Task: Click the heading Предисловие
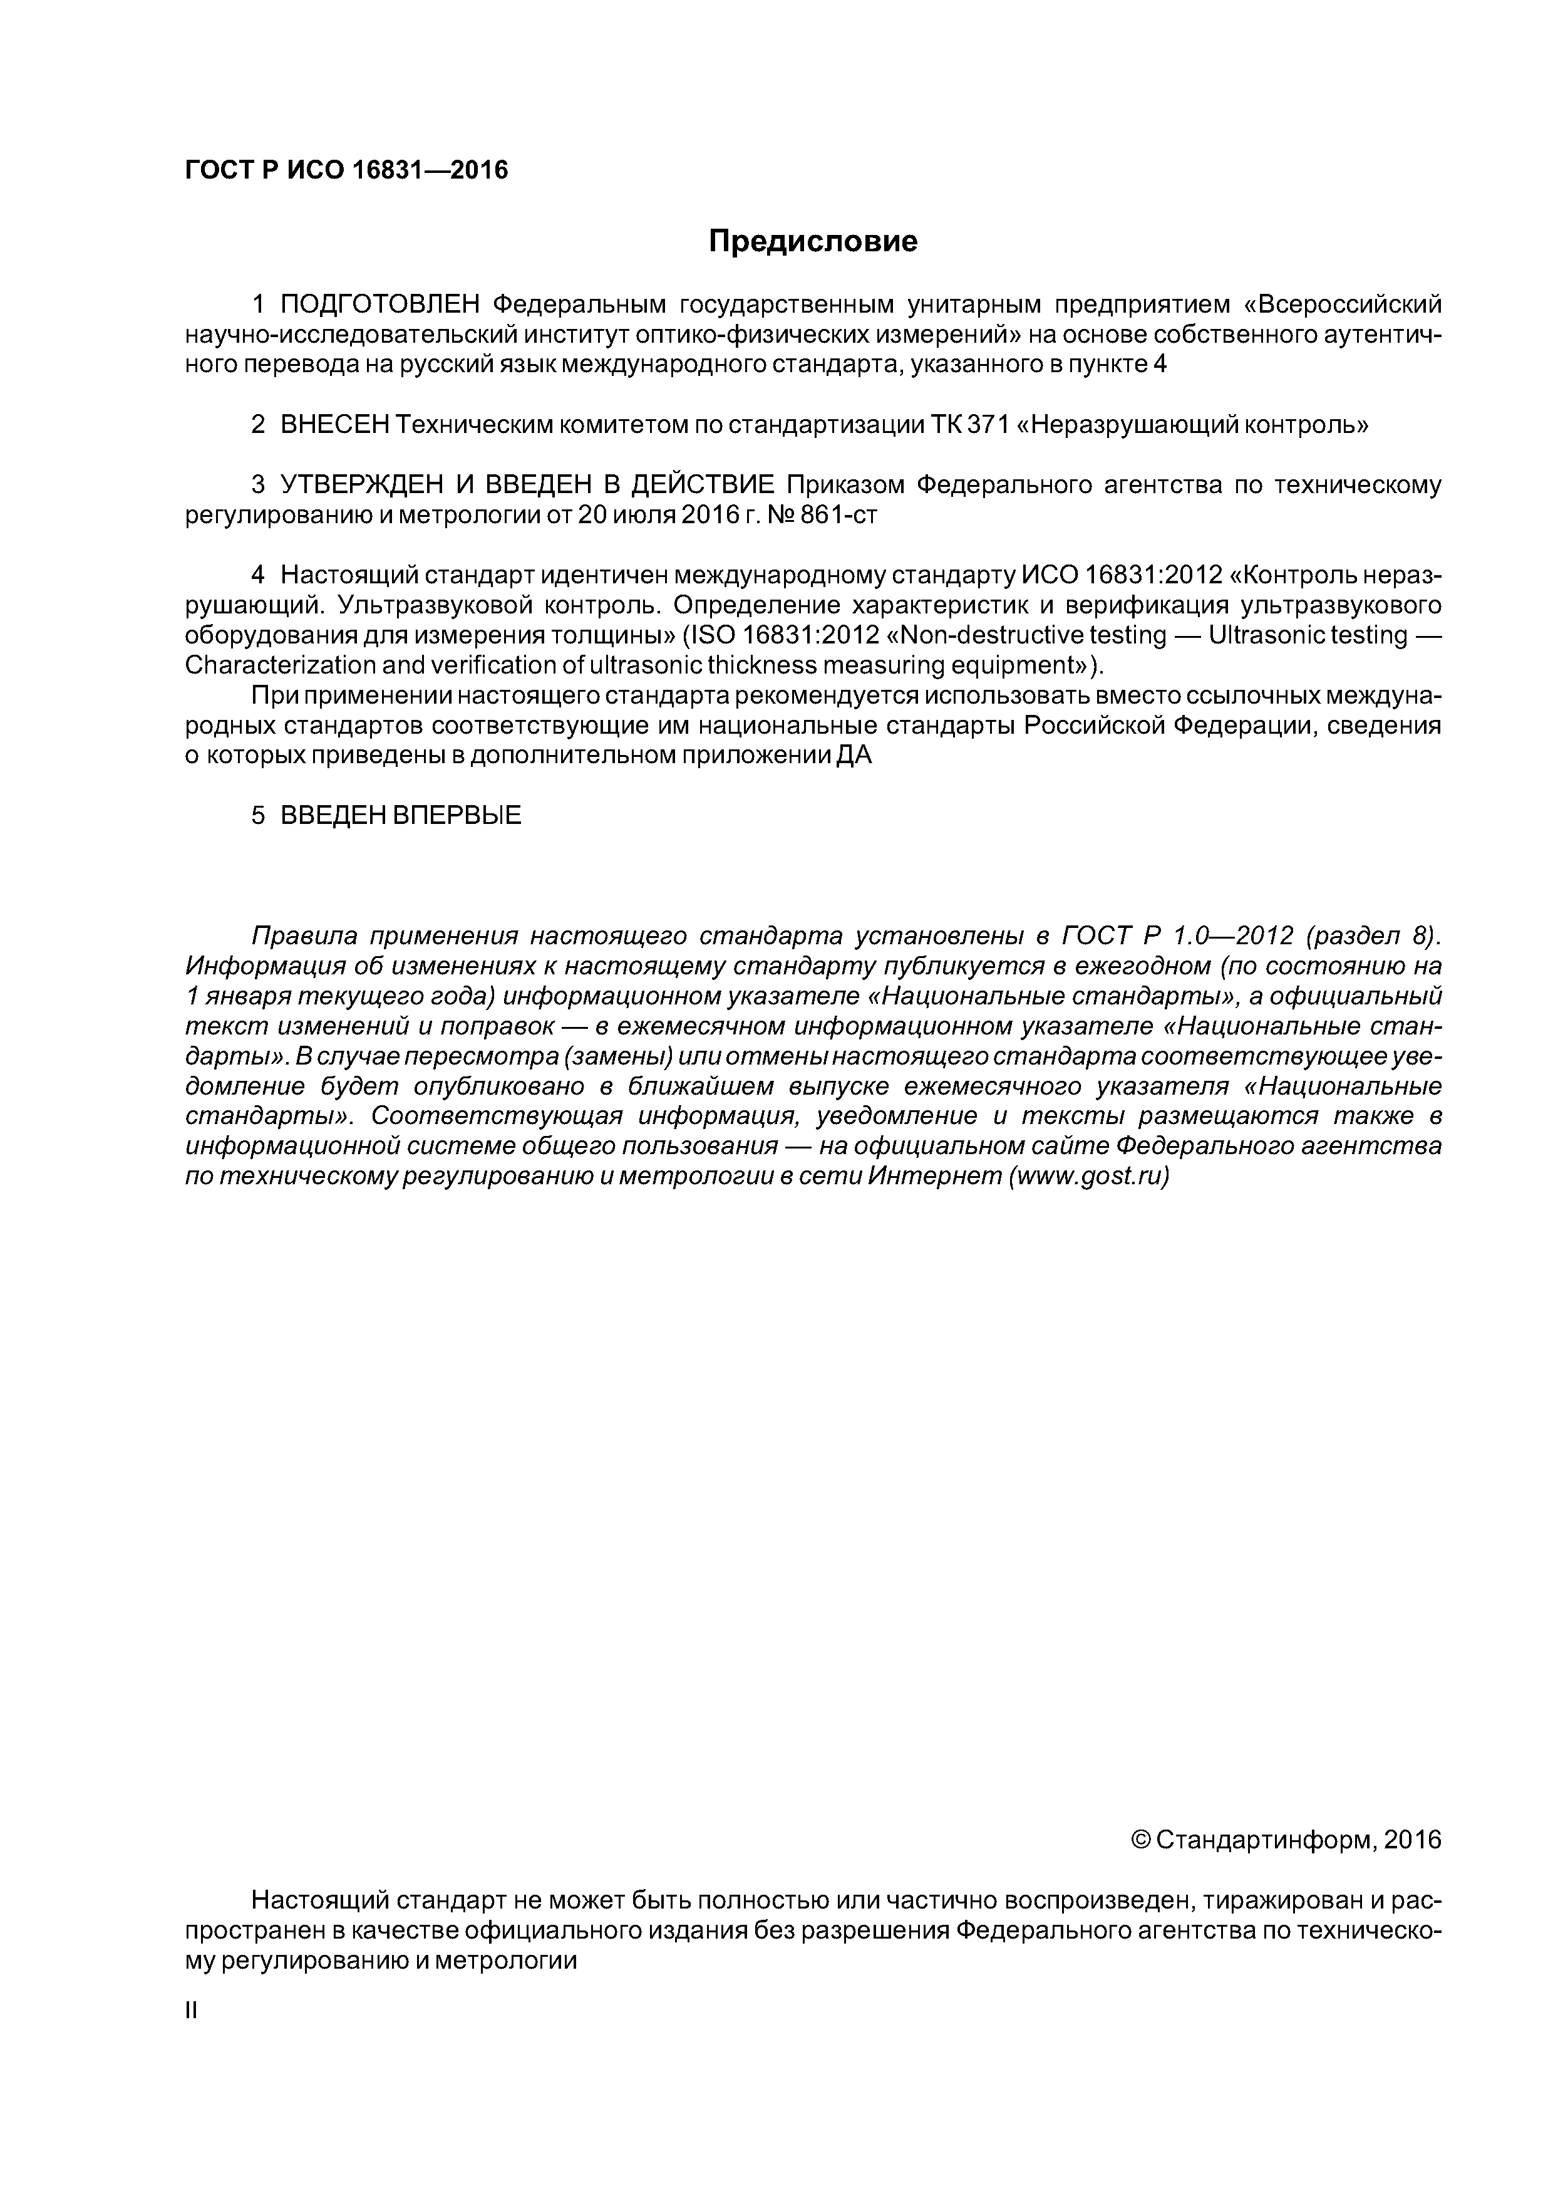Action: tap(812, 241)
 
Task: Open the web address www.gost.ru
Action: tap(1089, 1177)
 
